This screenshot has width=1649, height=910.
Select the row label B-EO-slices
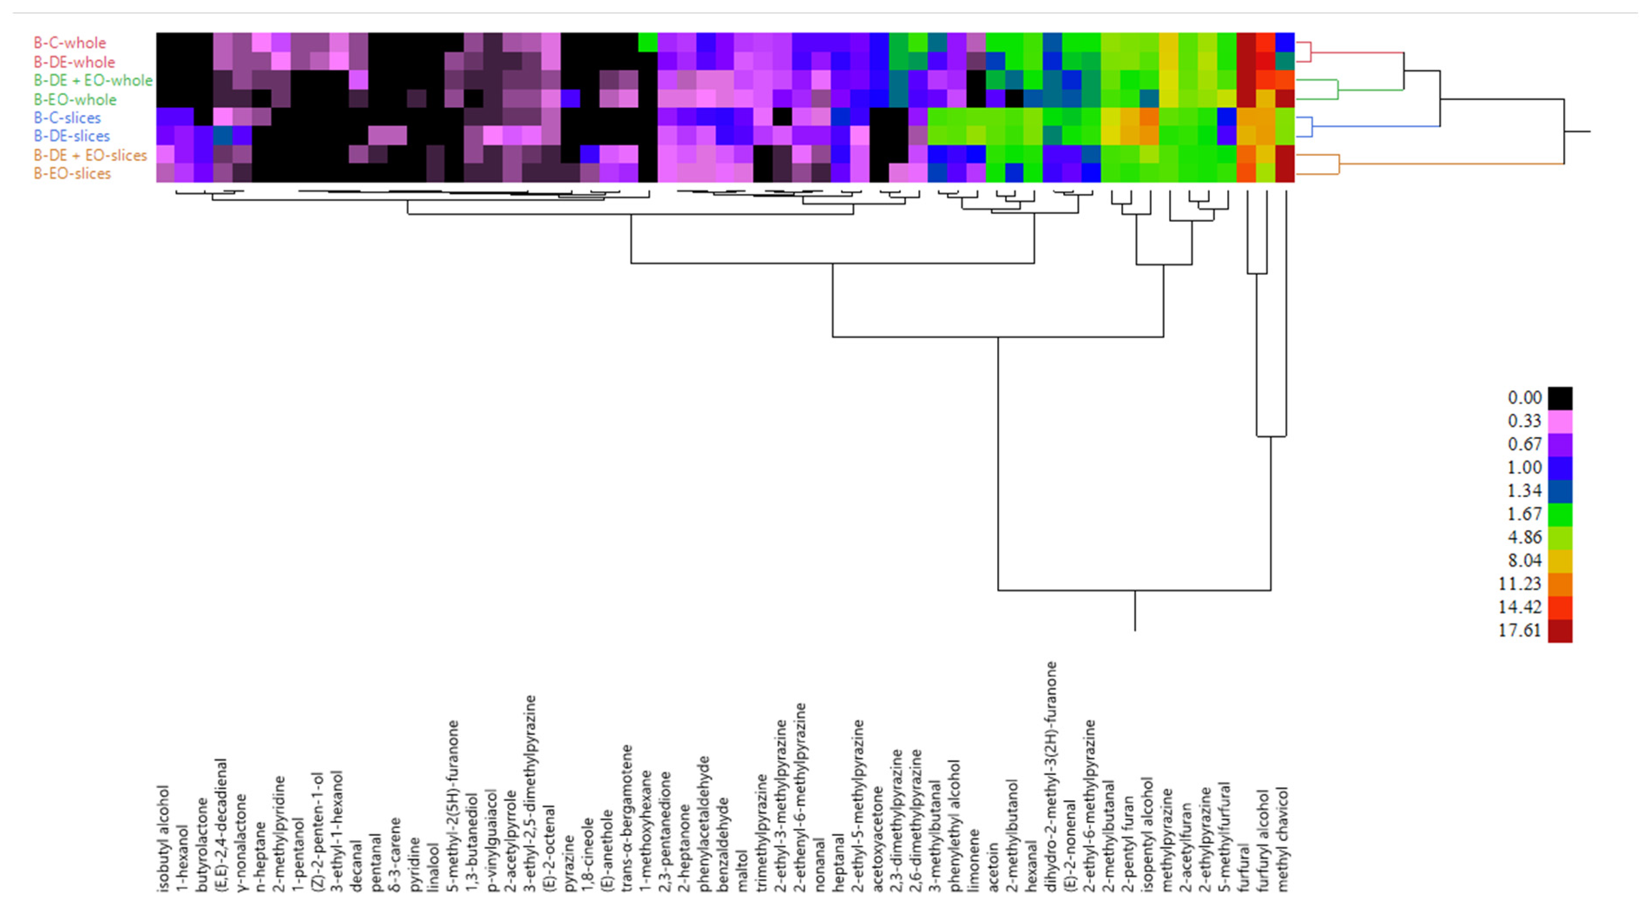point(72,173)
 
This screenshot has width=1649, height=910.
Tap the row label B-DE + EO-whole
point(93,81)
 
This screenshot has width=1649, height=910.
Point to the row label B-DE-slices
point(72,136)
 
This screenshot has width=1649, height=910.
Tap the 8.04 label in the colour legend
point(1524,560)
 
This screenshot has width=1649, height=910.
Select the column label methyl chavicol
point(1282,839)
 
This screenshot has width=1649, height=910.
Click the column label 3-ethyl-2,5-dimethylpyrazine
point(530,793)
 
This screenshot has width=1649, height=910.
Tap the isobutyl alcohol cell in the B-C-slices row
point(166,117)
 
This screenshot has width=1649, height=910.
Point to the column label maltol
point(742,871)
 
